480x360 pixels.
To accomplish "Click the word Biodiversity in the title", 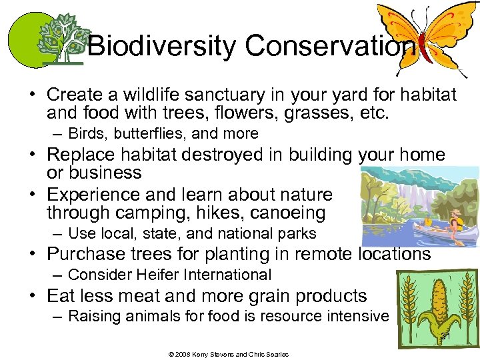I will (x=162, y=46).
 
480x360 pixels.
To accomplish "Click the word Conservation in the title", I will (x=329, y=46).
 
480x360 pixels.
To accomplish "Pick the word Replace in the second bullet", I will (x=79, y=155).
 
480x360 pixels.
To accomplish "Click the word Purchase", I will (x=86, y=254).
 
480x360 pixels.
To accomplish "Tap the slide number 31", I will (x=445, y=336).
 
